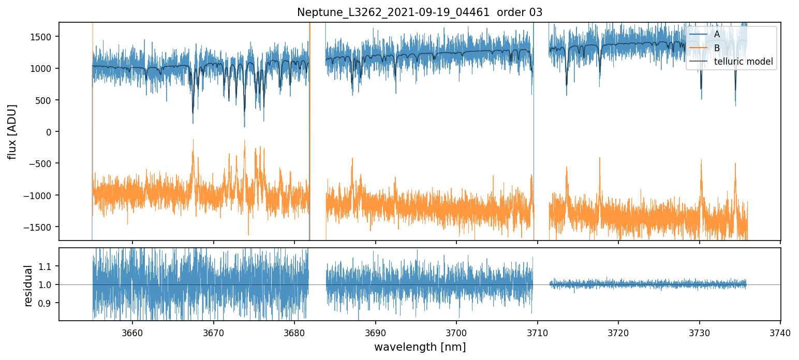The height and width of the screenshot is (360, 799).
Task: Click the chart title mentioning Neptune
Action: [x=420, y=12]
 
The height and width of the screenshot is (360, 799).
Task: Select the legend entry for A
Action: [x=717, y=34]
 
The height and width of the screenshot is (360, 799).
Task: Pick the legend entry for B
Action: [x=717, y=48]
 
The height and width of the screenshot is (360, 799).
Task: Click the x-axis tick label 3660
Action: [x=132, y=333]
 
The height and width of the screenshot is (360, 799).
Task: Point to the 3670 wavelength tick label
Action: [x=213, y=333]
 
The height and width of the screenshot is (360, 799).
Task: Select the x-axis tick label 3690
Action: [x=375, y=333]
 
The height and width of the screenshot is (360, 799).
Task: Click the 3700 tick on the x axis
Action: [x=456, y=333]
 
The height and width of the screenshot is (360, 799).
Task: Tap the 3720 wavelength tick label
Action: [x=618, y=333]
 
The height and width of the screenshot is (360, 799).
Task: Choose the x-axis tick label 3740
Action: [x=780, y=333]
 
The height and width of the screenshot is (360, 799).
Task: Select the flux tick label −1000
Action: [x=41, y=196]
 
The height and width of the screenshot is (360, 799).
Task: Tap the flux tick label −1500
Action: [x=41, y=227]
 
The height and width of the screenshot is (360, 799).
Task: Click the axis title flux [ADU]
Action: [x=12, y=131]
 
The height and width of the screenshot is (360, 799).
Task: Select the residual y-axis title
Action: [x=29, y=285]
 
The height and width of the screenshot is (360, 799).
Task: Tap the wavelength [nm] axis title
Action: [x=420, y=347]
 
